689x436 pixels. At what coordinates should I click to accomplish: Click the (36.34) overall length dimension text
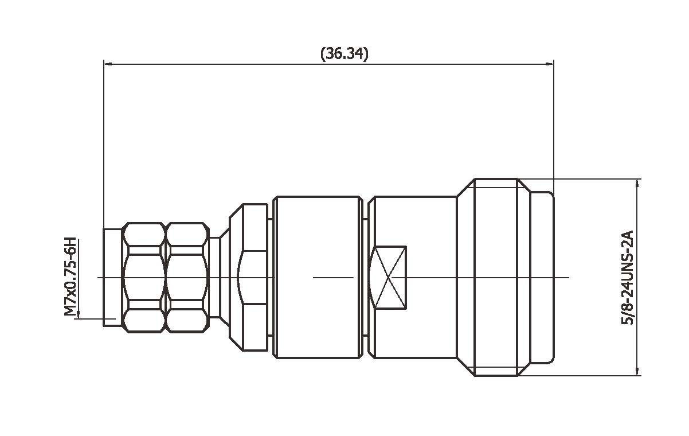[344, 54]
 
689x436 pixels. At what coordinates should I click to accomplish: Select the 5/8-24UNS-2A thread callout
[627, 278]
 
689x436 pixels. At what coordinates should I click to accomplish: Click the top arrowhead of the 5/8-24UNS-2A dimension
[638, 183]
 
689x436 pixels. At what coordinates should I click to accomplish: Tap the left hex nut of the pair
[143, 278]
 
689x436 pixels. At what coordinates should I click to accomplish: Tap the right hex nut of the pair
[186, 278]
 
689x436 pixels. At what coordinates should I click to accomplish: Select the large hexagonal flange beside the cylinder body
[248, 278]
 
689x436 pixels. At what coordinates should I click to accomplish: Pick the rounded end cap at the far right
[542, 278]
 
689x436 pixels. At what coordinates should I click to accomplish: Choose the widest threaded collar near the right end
[496, 278]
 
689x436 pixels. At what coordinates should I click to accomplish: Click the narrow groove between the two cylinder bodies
[365, 278]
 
